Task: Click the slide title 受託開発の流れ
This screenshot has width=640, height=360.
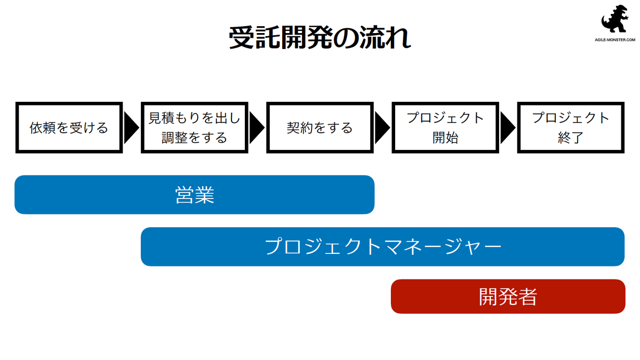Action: (x=320, y=38)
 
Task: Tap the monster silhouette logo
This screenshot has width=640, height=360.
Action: (x=615, y=19)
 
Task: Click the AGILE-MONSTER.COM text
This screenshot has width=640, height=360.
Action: (x=615, y=39)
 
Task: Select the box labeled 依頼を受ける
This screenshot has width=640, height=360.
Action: (x=69, y=127)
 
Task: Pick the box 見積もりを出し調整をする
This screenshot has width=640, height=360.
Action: (x=195, y=127)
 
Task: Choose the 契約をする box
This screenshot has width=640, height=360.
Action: (x=320, y=127)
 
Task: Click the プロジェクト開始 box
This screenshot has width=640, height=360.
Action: (x=445, y=127)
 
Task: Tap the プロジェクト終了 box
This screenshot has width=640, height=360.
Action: (x=571, y=127)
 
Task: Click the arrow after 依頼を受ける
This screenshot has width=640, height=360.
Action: (x=131, y=127)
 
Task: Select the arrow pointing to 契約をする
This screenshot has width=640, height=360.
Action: (x=257, y=127)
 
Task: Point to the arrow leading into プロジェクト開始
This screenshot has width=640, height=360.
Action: (x=382, y=127)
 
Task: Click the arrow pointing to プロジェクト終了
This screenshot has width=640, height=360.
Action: (x=508, y=127)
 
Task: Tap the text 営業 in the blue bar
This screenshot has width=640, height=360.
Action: (x=195, y=195)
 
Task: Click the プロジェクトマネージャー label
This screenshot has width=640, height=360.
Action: (x=383, y=247)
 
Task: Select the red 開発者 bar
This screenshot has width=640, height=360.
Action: (x=508, y=297)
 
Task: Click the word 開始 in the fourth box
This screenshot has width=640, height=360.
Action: (x=445, y=138)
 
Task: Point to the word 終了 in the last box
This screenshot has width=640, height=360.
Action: (x=571, y=138)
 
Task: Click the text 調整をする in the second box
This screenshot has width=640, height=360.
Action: (x=195, y=138)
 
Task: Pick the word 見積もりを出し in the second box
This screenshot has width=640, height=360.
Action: (x=195, y=118)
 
